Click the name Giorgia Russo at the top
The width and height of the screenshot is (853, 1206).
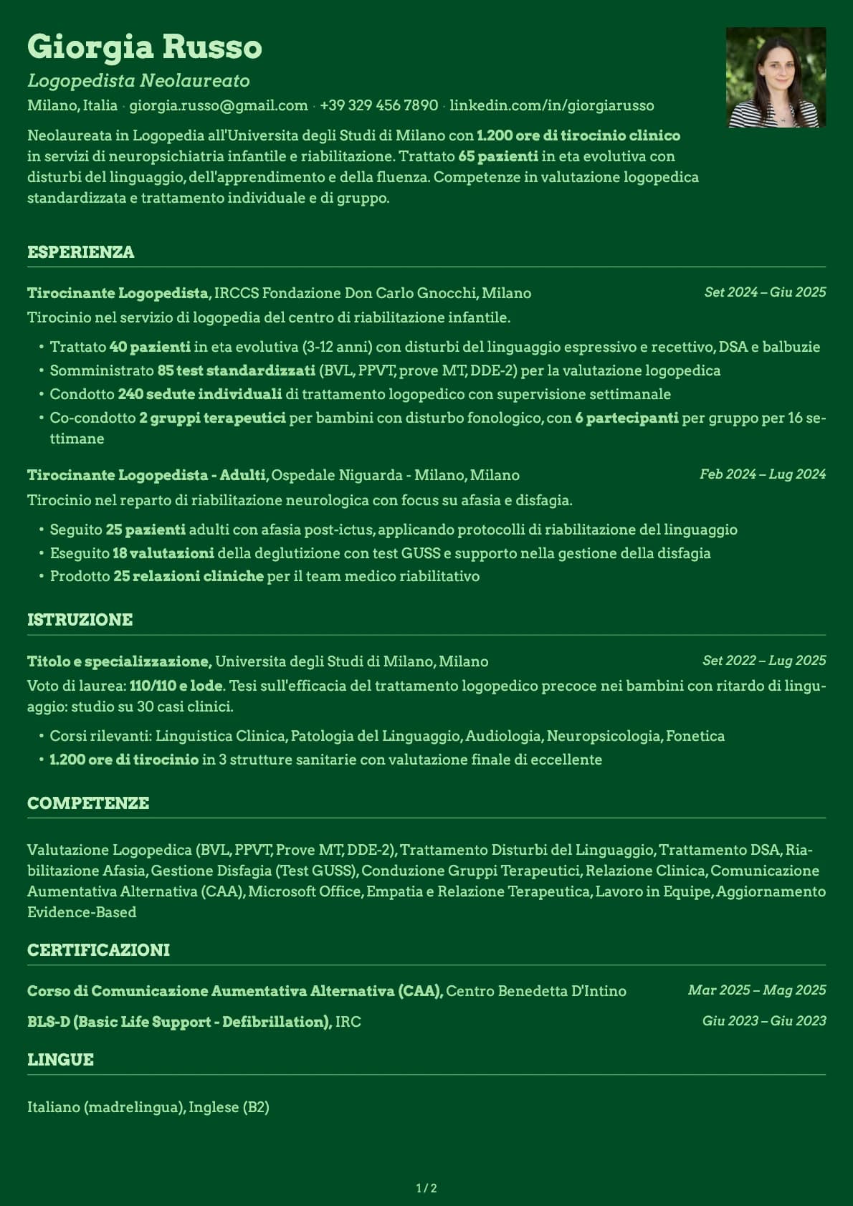tap(144, 47)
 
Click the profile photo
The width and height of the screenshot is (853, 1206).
tap(776, 77)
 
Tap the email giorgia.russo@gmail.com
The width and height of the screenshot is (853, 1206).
tap(218, 105)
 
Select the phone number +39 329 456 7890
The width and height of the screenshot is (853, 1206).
tap(378, 105)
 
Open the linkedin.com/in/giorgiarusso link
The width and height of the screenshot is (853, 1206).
tap(551, 105)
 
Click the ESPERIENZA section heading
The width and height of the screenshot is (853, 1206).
tap(80, 252)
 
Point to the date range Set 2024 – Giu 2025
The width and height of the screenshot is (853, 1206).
tap(765, 292)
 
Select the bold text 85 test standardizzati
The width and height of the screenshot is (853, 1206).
tap(236, 370)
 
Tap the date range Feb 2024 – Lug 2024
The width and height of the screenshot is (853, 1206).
tap(763, 474)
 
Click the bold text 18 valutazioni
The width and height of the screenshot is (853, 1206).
tap(163, 553)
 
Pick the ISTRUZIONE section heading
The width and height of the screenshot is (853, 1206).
tap(80, 620)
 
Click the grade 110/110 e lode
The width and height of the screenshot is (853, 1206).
tap(176, 686)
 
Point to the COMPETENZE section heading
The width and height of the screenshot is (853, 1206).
tap(88, 803)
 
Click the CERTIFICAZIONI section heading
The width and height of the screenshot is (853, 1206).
tap(98, 950)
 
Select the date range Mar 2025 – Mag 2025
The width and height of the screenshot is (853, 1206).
tap(757, 990)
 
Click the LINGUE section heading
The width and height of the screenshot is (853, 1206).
tap(60, 1060)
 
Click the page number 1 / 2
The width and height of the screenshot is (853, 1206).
tap(426, 1188)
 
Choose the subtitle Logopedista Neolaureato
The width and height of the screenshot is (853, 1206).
tap(138, 81)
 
